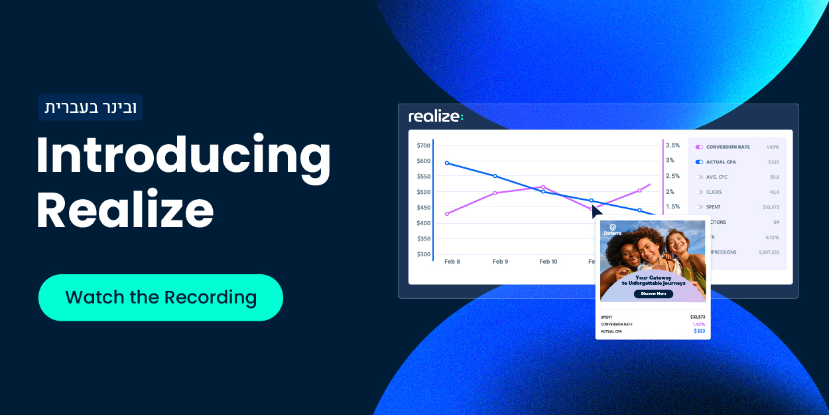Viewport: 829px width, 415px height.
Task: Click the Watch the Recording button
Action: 160,297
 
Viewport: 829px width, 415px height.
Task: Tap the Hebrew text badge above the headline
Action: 90,108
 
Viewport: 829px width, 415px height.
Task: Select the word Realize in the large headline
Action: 125,210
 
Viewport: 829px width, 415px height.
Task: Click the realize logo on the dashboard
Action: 436,117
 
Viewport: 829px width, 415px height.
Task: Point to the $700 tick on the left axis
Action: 423,145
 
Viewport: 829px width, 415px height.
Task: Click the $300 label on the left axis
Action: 423,254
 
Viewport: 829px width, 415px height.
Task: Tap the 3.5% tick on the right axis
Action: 672,145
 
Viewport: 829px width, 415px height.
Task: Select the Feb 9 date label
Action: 500,262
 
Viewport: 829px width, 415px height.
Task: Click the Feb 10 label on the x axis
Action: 548,262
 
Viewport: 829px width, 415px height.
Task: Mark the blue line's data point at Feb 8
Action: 447,163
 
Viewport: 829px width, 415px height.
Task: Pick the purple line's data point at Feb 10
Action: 543,187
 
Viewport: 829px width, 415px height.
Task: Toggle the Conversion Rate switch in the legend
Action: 699,147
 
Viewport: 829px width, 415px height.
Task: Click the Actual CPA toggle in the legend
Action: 699,162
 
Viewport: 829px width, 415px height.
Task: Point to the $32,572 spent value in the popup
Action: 697,317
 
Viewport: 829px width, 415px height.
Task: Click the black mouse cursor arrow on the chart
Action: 596,211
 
